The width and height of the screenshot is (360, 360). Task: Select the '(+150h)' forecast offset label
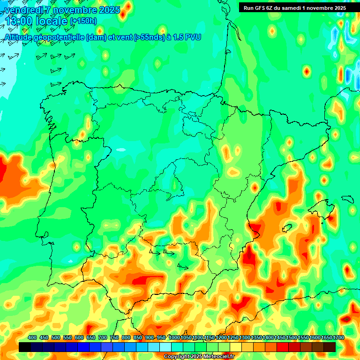point(83,21)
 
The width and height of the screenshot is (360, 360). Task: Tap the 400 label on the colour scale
point(32,338)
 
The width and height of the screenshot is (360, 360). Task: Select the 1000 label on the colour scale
point(174,338)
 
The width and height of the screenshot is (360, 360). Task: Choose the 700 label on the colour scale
point(103,338)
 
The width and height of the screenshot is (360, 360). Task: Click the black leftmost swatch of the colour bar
point(25,347)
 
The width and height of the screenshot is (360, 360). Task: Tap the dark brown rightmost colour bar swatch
point(330,347)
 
